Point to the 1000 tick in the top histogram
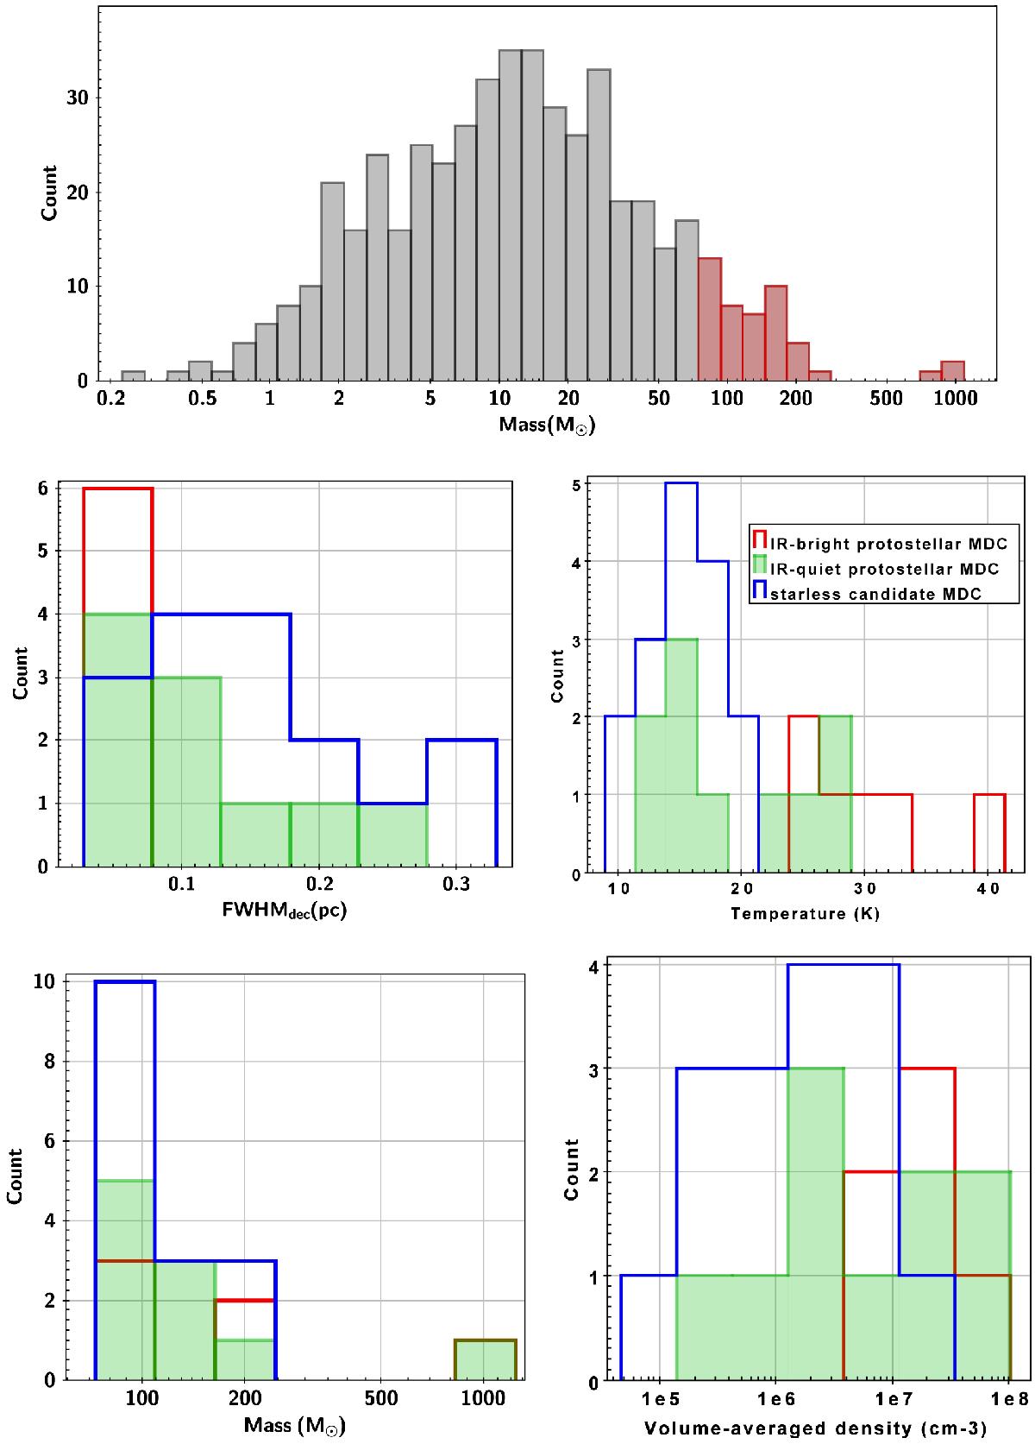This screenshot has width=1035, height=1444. click(x=955, y=398)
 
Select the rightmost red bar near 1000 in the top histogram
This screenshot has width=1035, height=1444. click(x=953, y=371)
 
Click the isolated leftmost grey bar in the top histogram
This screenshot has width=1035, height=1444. click(x=133, y=376)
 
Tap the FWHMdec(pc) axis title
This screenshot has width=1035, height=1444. click(x=285, y=910)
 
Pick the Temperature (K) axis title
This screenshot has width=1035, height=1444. click(x=805, y=913)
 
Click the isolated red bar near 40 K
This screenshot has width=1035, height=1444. click(x=989, y=833)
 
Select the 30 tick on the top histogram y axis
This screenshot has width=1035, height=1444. click(x=79, y=97)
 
